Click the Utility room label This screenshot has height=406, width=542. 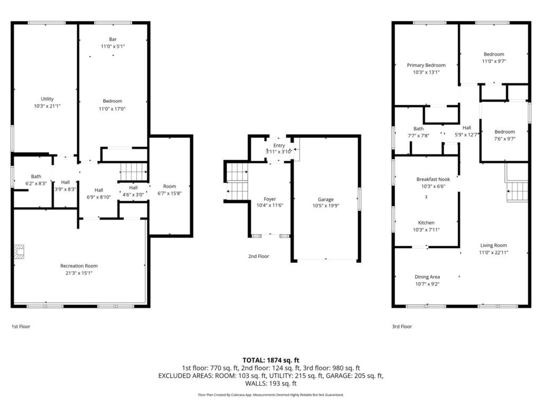(x=47, y=99)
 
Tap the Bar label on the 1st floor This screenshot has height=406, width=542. (x=113, y=39)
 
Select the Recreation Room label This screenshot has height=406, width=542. (x=79, y=266)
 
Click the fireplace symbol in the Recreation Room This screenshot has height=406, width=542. (x=20, y=252)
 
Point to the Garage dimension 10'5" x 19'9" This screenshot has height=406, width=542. (x=326, y=206)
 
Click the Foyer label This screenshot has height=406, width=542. (x=269, y=199)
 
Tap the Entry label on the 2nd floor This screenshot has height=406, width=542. (x=279, y=145)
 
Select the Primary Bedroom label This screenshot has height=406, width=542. (x=426, y=65)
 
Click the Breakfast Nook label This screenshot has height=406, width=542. (x=433, y=179)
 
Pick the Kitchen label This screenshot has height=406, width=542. (x=426, y=223)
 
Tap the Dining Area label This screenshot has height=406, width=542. (x=427, y=277)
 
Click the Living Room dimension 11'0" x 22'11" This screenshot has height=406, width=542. (x=494, y=252)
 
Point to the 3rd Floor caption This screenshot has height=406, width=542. (x=402, y=326)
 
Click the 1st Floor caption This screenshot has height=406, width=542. (x=21, y=326)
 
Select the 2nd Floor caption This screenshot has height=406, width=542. (x=258, y=256)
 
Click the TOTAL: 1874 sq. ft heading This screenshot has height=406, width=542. (x=271, y=360)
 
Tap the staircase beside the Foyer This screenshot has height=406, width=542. (x=237, y=181)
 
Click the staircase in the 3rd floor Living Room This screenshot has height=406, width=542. (x=517, y=192)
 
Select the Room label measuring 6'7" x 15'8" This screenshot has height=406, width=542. (x=169, y=186)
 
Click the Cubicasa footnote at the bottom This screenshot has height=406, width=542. (x=271, y=394)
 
